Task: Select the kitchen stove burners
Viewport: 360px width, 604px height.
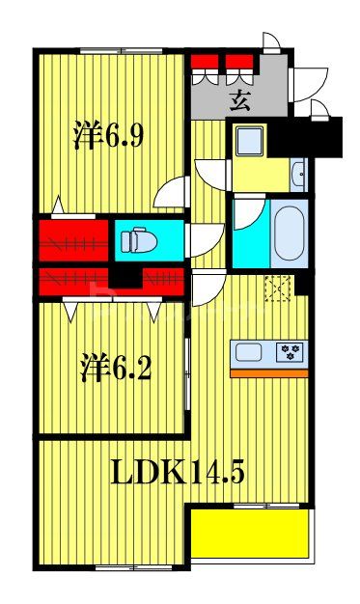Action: click(x=290, y=353)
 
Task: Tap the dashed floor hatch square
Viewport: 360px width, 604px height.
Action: click(x=281, y=286)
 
